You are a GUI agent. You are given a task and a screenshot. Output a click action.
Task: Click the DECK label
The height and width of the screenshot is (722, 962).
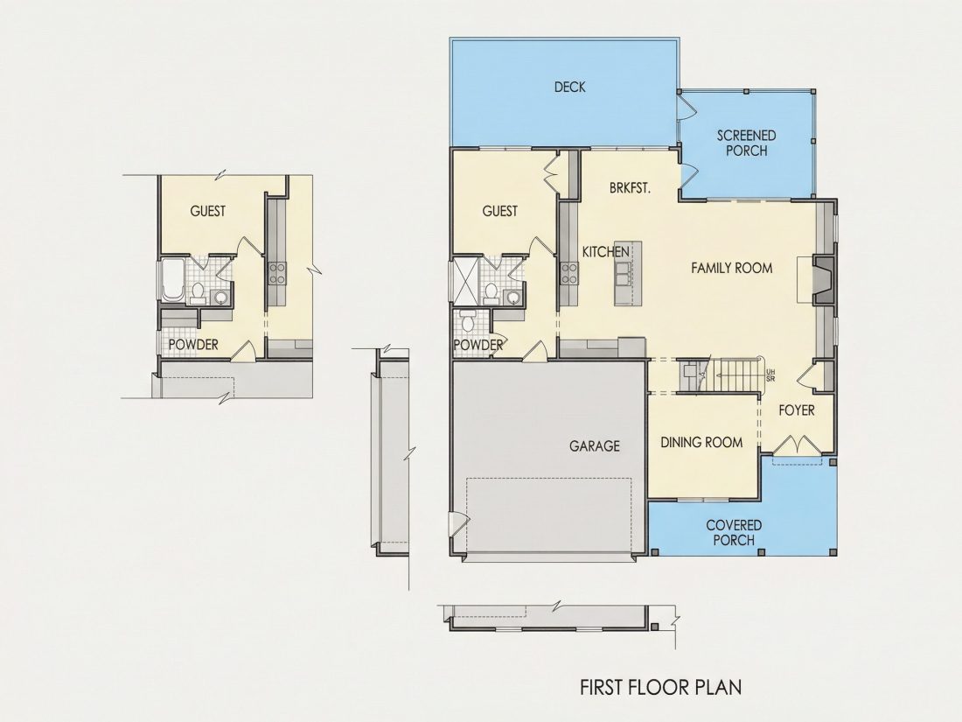pos(569,88)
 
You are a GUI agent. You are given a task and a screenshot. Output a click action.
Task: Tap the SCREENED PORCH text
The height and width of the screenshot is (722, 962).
pos(746,143)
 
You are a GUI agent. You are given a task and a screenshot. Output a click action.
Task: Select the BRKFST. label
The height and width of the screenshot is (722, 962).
pos(630,188)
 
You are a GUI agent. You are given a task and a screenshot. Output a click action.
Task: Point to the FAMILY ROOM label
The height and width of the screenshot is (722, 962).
pos(731,268)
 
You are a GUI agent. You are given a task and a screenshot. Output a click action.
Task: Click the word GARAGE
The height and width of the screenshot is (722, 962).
pos(595,445)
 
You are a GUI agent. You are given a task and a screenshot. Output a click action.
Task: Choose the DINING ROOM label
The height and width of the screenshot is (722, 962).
pos(701,442)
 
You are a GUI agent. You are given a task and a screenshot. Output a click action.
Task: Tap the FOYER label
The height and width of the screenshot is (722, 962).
pos(797,410)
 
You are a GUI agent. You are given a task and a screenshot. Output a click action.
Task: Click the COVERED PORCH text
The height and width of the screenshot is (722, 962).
pos(734,532)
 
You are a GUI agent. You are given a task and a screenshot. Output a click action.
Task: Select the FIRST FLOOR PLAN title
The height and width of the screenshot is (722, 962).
pos(661,686)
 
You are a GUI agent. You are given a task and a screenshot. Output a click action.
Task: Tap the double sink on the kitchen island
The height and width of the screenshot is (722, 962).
pos(622,274)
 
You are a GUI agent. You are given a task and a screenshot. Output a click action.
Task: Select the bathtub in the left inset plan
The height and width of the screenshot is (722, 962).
pos(171,280)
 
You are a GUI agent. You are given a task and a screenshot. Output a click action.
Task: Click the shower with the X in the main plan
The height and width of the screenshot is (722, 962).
pos(465,281)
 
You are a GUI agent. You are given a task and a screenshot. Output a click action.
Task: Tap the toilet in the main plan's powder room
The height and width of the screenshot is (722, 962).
pos(468,321)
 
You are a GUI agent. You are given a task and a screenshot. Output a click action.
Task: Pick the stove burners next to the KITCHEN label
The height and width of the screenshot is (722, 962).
pos(568,274)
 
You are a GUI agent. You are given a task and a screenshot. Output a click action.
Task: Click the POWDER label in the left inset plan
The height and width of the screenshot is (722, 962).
pos(193,345)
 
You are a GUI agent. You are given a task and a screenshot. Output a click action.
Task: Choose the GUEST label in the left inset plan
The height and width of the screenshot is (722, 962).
pos(208,211)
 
